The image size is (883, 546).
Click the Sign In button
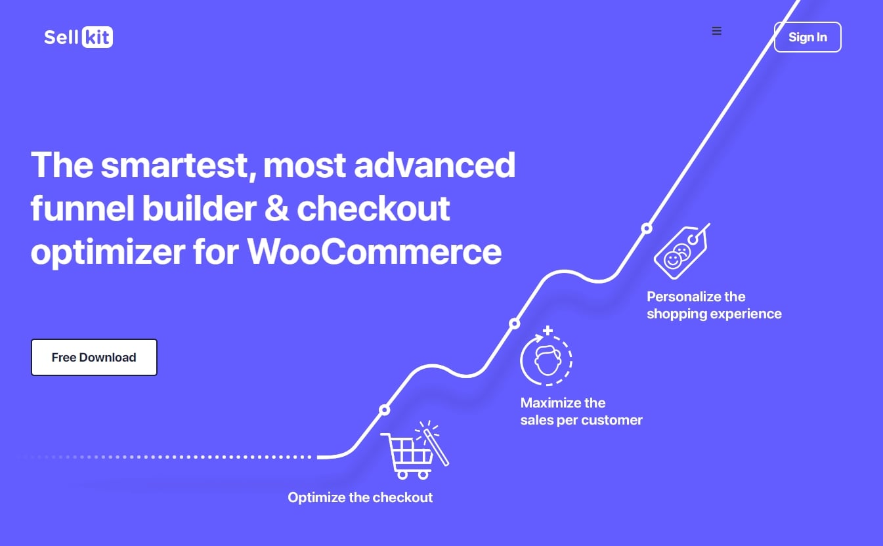pyautogui.click(x=808, y=37)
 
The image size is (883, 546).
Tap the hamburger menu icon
pyautogui.click(x=717, y=31)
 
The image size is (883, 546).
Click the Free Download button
pyautogui.click(x=94, y=357)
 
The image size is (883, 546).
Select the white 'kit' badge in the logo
pyautogui.click(x=97, y=37)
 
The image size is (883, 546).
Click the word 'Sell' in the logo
pyautogui.click(x=62, y=37)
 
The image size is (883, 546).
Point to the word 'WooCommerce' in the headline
pyautogui.click(x=374, y=252)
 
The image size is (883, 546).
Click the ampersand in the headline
pyautogui.click(x=277, y=208)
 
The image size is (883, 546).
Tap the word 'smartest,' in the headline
pyautogui.click(x=179, y=166)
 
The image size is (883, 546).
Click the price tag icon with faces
pyautogui.click(x=681, y=251)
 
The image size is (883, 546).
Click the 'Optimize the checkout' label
pyautogui.click(x=360, y=497)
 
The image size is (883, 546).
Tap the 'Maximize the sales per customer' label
pyautogui.click(x=581, y=411)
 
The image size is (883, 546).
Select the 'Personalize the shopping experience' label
pyautogui.click(x=714, y=305)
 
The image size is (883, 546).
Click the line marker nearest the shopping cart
pyautogui.click(x=384, y=410)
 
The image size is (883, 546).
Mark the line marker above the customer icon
pyautogui.click(x=514, y=324)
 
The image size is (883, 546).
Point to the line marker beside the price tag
pyautogui.click(x=647, y=228)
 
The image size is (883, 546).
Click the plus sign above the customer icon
pyautogui.click(x=548, y=330)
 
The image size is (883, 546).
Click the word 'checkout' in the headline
pyautogui.click(x=374, y=209)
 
